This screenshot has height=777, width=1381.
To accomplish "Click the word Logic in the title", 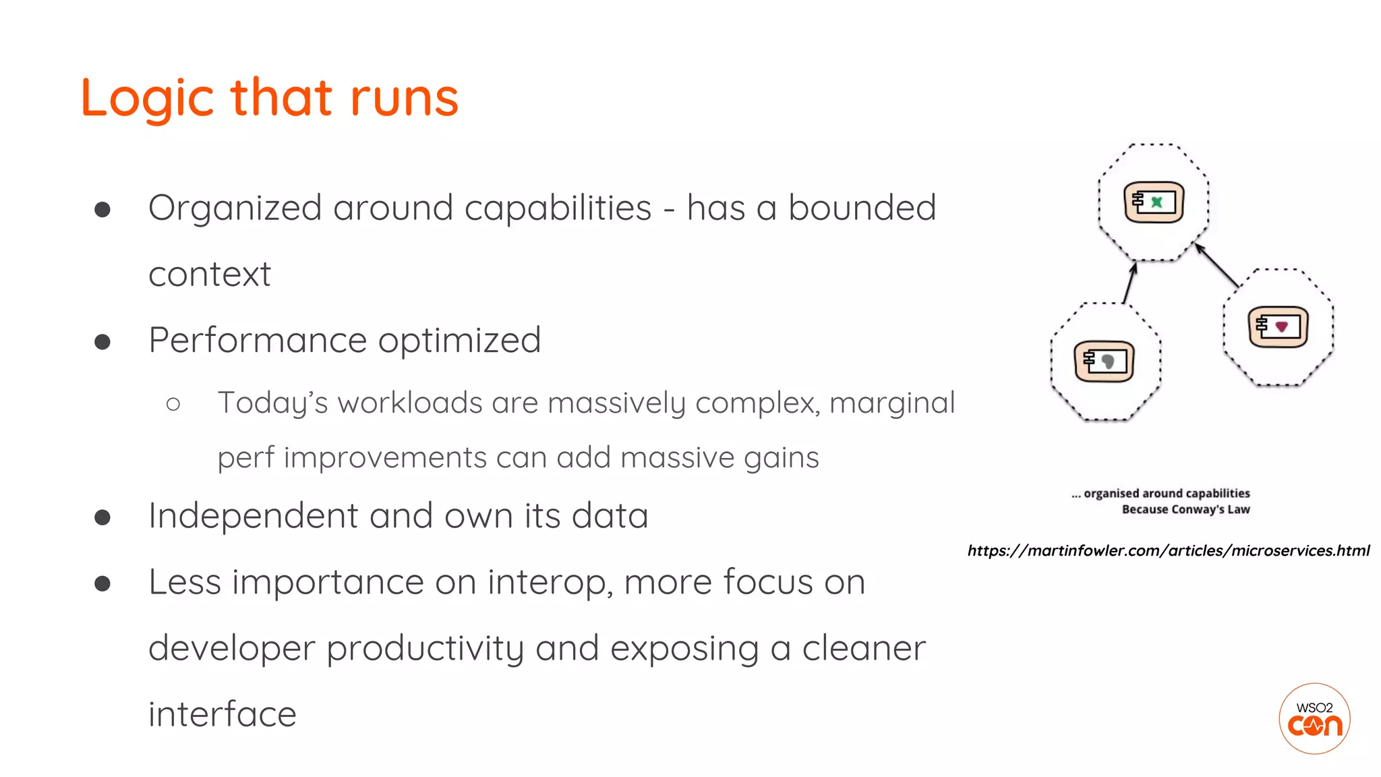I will pos(147,98).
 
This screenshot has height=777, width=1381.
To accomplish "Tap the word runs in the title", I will pos(404,98).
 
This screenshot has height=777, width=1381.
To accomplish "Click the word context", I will pos(209,274).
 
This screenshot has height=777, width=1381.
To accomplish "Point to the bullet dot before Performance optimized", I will pos(102,342).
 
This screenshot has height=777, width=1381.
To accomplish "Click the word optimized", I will pos(459,341).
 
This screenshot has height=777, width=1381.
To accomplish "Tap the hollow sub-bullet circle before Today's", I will pos(173,404).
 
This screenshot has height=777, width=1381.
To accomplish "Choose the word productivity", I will pos(425,649).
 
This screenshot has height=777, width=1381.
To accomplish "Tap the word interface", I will pos(222,714).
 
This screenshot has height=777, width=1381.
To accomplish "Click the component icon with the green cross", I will pos(1154,202).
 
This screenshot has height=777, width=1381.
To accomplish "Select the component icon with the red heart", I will pos(1278,327).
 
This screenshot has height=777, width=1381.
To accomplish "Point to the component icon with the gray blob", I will pos(1104,362).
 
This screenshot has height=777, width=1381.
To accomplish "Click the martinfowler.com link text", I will pos(1168,551).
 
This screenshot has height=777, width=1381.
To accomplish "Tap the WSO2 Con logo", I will pos(1314,718).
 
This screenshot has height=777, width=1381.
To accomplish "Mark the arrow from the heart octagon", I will pos(1217,266).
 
